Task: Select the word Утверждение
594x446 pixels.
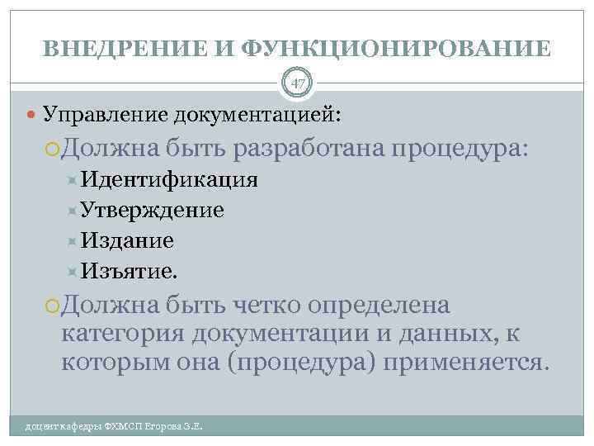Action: [x=153, y=211]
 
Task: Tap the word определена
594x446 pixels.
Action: [x=379, y=306]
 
